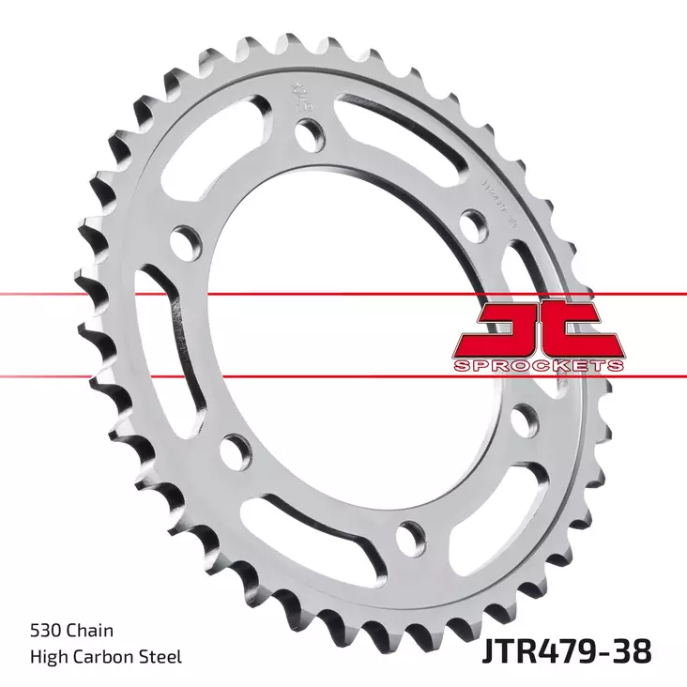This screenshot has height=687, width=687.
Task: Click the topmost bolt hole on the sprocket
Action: (306, 134)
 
